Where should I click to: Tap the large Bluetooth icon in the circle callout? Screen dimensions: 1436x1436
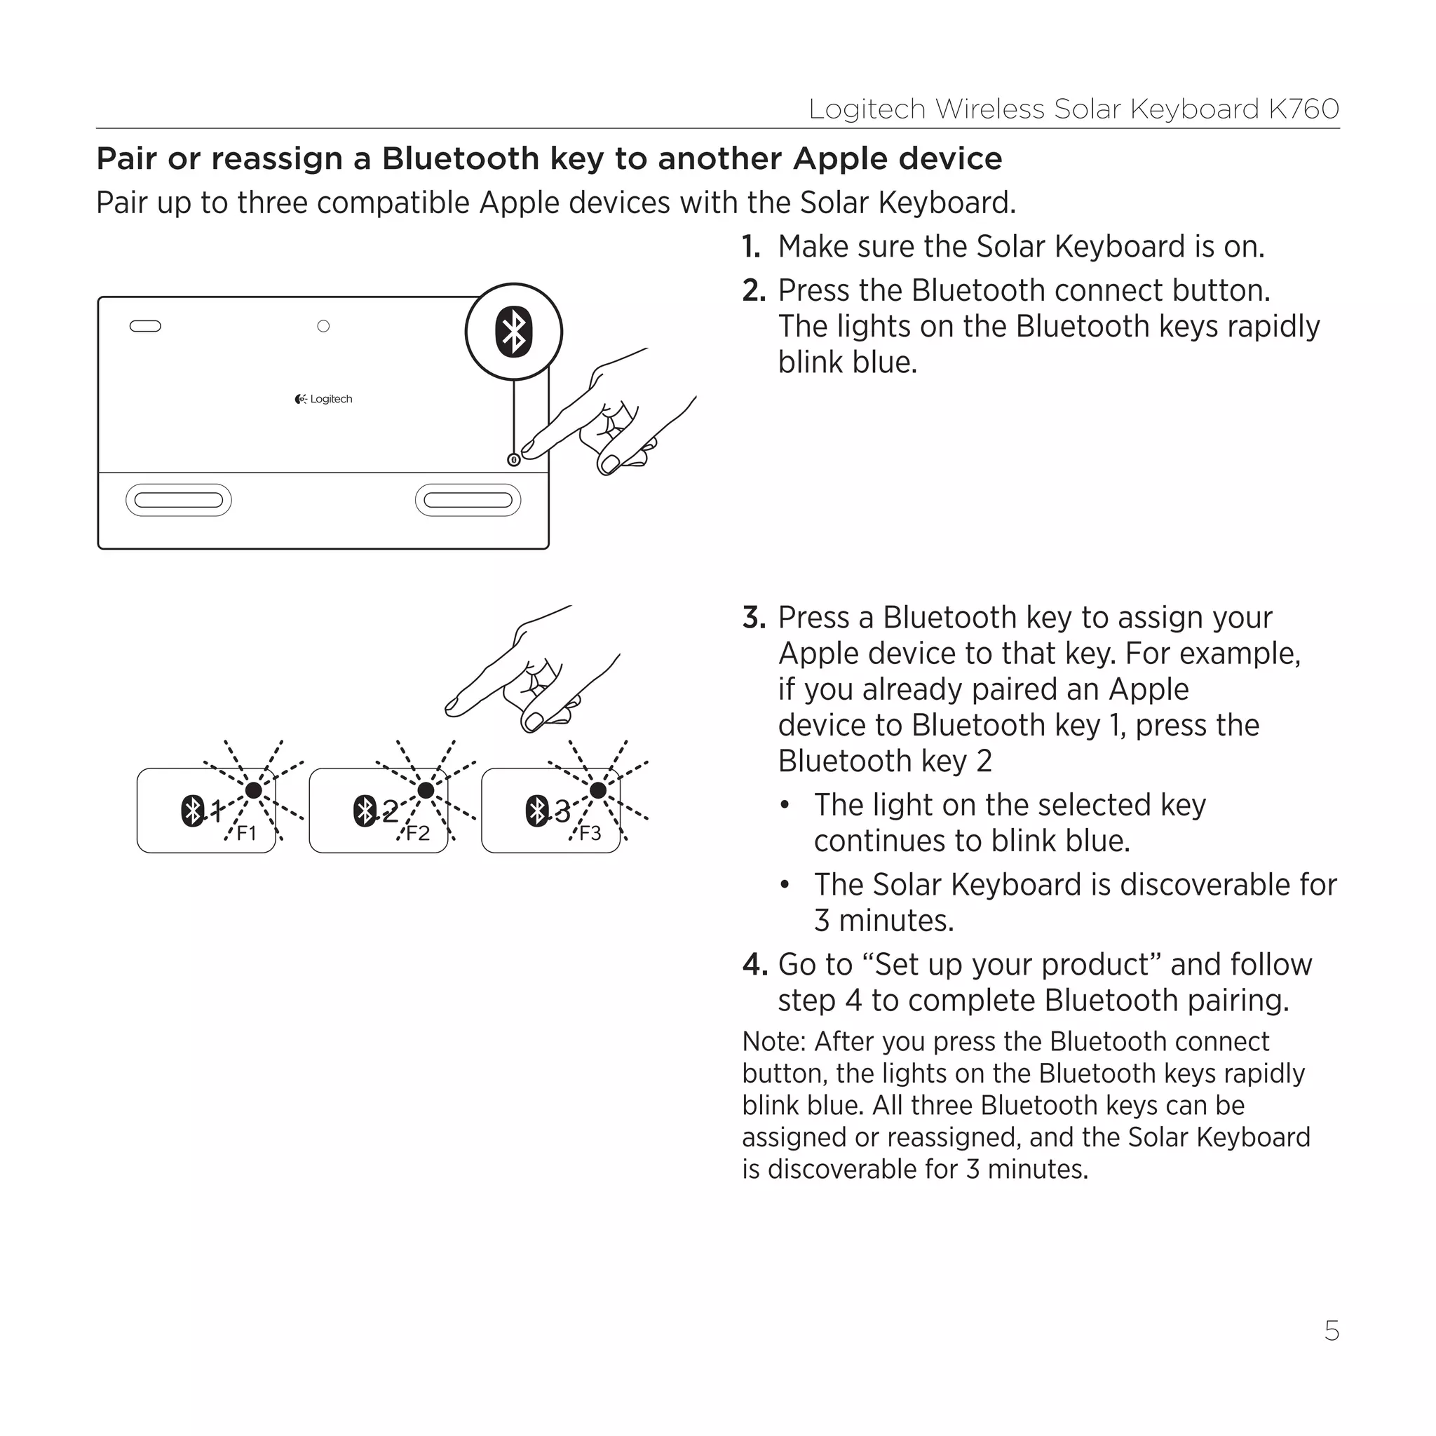[513, 332]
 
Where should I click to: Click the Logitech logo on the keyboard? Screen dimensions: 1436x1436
[323, 399]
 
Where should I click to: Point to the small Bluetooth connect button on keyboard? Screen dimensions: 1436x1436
[513, 460]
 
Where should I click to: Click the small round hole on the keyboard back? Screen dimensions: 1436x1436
[323, 326]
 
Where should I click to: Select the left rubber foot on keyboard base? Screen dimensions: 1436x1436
[178, 500]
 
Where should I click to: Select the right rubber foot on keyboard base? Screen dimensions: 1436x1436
[468, 500]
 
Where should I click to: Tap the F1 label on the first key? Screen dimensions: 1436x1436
[246, 833]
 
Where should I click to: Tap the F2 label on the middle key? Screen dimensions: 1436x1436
[419, 833]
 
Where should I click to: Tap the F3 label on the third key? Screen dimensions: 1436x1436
[590, 833]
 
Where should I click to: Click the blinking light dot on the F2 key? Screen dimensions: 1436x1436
[426, 790]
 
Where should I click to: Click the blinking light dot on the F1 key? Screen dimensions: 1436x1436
[253, 790]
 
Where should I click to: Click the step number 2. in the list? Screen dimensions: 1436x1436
[754, 290]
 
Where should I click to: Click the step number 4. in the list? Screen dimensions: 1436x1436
[754, 965]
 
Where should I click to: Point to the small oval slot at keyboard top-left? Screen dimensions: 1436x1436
[145, 326]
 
